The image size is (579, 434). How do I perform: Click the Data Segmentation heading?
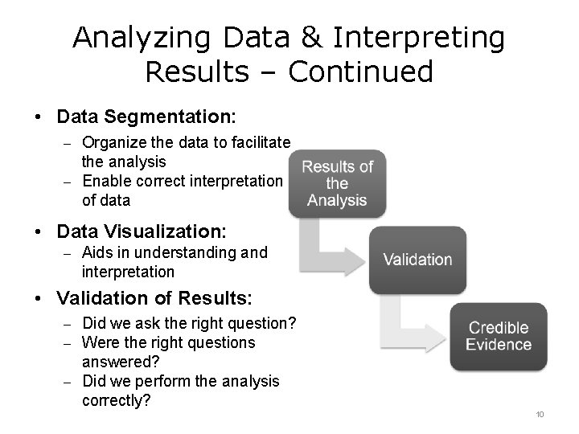pos(146,117)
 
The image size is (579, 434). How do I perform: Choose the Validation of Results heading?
pos(155,298)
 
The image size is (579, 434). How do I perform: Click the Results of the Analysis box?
pos(337,183)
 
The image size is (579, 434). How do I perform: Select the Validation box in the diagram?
pos(417,259)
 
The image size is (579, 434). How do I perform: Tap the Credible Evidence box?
pos(499,336)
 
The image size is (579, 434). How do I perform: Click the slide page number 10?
pos(540,414)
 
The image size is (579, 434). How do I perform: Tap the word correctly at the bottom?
pos(117,399)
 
